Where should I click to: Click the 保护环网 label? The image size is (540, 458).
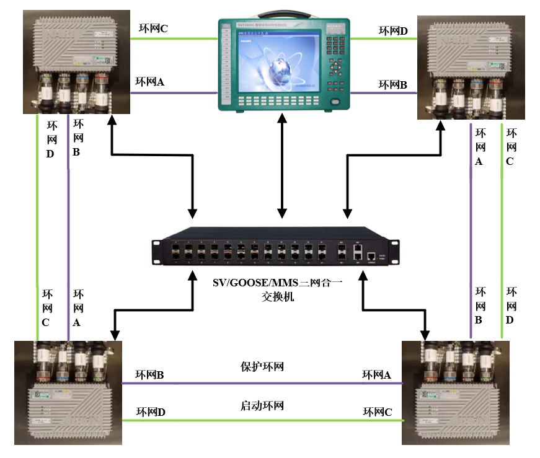(x=262, y=366)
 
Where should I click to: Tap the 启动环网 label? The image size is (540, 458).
(x=262, y=407)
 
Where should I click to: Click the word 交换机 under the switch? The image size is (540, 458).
(x=277, y=297)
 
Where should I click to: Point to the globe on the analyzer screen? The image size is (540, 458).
(x=283, y=65)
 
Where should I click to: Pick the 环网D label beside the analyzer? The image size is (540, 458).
(x=393, y=30)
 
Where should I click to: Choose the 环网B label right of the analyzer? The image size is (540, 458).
(x=393, y=85)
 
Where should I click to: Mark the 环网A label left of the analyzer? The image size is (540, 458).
(x=150, y=81)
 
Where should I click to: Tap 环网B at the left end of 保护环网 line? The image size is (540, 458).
(x=150, y=375)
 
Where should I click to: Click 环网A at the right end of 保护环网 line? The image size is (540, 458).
(x=377, y=375)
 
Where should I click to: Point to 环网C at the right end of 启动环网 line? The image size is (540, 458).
(x=378, y=412)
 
